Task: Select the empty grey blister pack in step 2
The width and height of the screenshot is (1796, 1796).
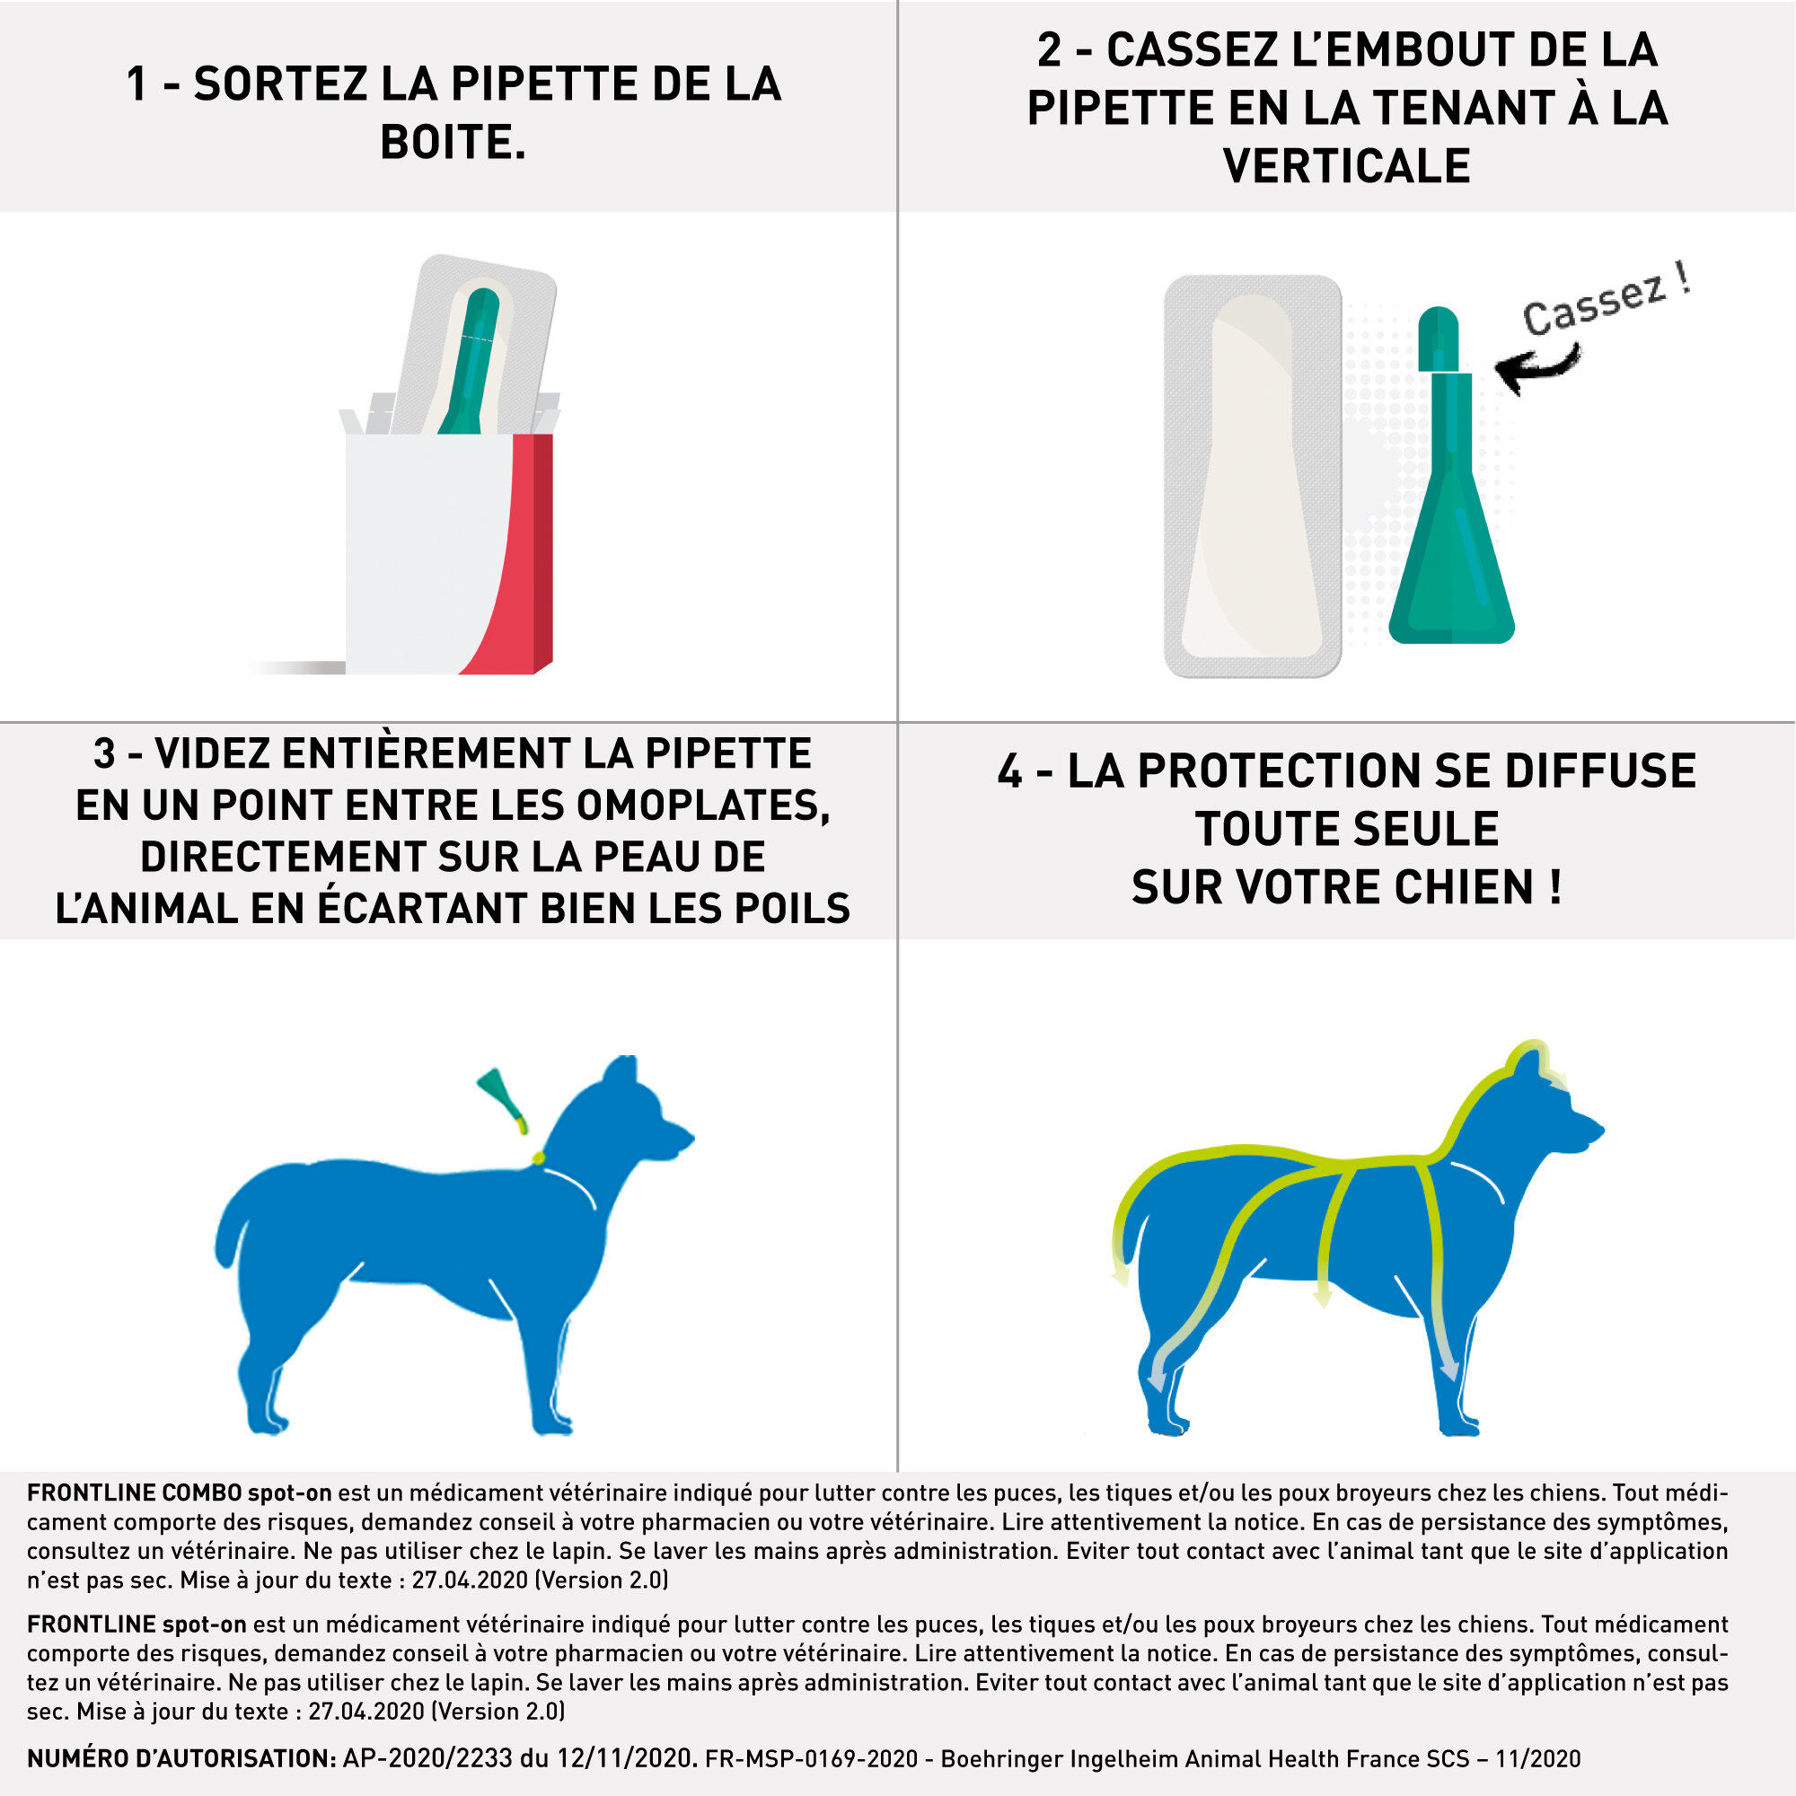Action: point(1252,476)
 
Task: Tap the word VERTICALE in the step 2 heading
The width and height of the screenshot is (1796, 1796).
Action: point(1346,165)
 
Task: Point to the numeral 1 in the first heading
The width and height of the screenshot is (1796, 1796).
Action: point(136,84)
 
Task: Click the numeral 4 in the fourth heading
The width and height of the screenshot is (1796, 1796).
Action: point(1009,771)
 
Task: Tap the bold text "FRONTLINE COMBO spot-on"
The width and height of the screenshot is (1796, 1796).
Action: point(179,1493)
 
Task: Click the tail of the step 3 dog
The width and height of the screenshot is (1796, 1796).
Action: point(231,1227)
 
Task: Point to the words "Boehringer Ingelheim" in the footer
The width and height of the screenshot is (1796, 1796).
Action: point(1069,1759)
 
